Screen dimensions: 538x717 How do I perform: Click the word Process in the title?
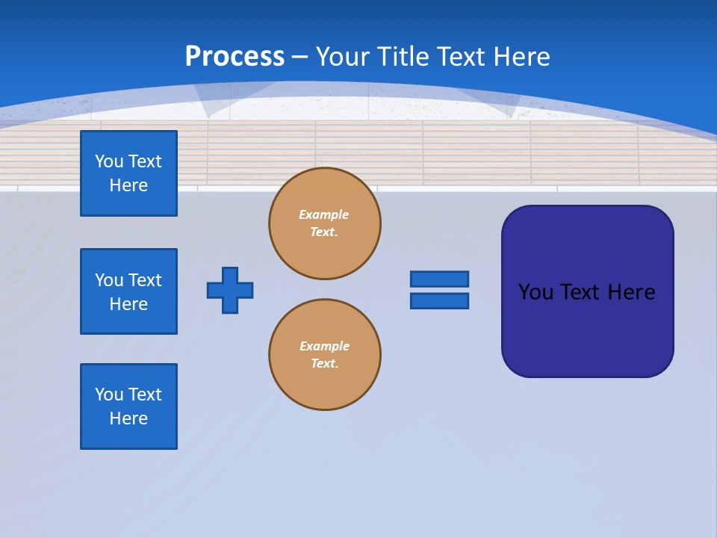[235, 56]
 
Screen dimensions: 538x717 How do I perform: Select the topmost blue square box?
[128, 173]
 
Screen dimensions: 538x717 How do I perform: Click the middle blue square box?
[128, 291]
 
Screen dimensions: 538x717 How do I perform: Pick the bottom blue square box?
[128, 406]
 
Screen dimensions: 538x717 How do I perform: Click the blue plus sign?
[230, 290]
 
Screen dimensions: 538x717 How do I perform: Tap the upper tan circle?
[325, 223]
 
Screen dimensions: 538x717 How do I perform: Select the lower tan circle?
[325, 355]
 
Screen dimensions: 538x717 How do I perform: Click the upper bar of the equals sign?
[439, 279]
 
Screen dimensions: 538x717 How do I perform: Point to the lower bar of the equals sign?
[439, 300]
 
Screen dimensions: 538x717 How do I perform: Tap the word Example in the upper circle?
[323, 214]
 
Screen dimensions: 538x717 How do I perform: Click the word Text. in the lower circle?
[324, 363]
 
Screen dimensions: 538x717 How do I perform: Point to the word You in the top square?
[109, 161]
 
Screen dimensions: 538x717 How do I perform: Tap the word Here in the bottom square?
[128, 418]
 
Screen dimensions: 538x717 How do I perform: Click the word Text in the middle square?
[145, 280]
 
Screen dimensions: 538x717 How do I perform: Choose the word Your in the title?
[342, 56]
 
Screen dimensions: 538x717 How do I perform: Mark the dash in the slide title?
[299, 57]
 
